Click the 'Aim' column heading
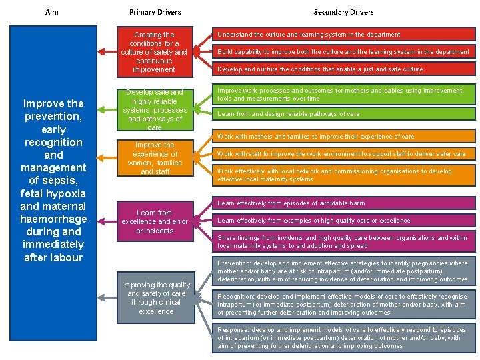coord(52,12)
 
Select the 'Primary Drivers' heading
coord(155,12)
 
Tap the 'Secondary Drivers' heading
coord(343,12)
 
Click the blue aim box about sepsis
coord(53,180)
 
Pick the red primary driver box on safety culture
coord(154,52)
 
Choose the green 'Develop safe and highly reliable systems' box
coord(154,109)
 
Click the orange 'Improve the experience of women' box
coord(154,158)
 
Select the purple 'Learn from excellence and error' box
coord(154,221)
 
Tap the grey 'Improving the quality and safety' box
coord(156,298)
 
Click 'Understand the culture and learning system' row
coord(343,35)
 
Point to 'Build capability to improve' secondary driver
coord(343,52)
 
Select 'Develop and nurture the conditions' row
coord(343,69)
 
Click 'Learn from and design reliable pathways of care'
coord(343,114)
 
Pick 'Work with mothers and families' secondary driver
coord(343,137)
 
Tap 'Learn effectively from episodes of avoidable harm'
coord(343,203)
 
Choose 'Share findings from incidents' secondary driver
coord(343,242)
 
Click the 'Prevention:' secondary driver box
coord(343,271)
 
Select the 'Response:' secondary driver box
coord(343,338)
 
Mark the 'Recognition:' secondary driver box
coord(343,304)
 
